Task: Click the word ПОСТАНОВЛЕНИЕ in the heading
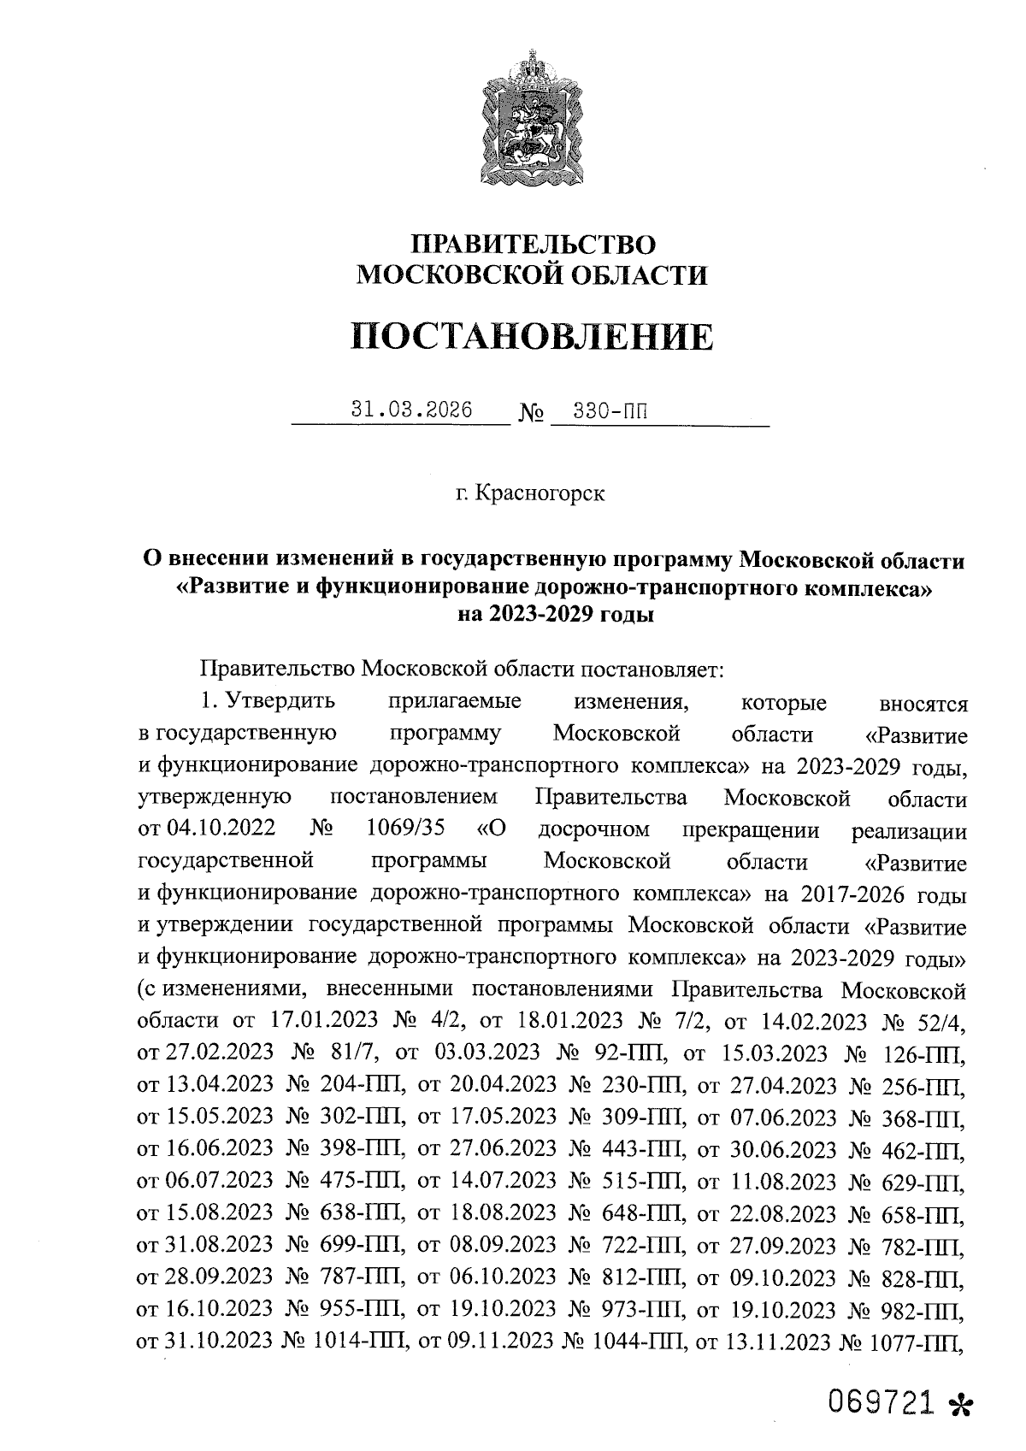point(531,336)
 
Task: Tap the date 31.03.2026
point(412,410)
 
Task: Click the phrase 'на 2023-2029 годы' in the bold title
point(556,614)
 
